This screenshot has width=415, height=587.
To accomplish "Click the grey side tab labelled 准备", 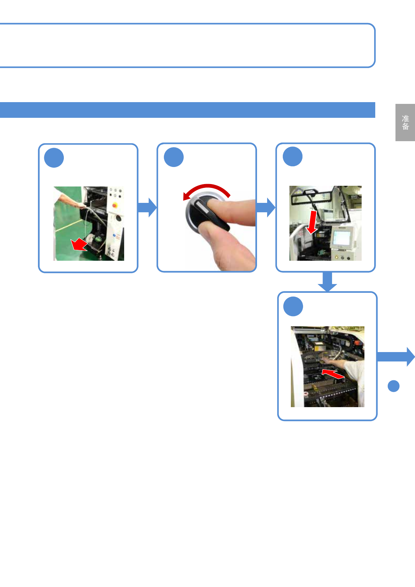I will click(405, 122).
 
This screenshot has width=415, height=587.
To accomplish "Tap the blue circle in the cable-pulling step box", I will click(54, 158).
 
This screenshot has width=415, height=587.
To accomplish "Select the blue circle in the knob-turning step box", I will click(174, 157).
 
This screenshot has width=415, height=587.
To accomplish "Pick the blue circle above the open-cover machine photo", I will click(293, 157).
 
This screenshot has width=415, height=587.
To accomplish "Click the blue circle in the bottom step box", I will click(293, 306).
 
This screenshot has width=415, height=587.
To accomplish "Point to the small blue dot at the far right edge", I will click(393, 386).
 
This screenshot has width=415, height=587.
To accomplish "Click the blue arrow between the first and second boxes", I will click(147, 207).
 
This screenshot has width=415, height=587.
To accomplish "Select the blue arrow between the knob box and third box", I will click(266, 207).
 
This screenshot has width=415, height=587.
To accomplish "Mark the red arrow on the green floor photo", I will click(79, 245).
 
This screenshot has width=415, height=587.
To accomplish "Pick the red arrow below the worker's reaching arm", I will click(333, 374).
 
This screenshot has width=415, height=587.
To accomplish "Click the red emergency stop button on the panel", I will click(114, 205).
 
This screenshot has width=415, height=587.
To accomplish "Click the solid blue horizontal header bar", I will click(187, 110).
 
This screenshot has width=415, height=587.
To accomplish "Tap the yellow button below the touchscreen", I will click(337, 258).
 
